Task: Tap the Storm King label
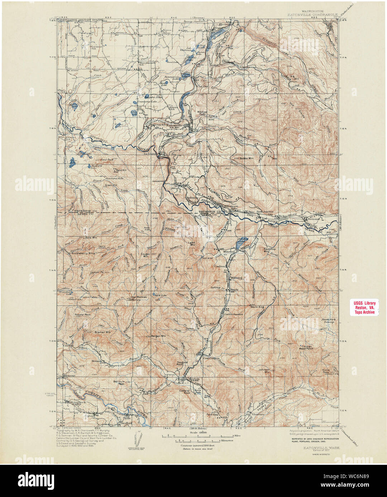click(257, 307)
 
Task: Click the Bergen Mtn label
click(158, 336)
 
